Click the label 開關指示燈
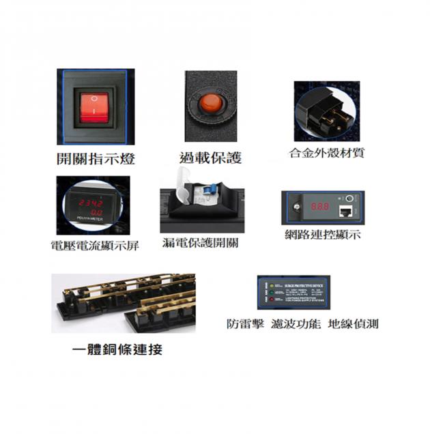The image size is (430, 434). (x=95, y=160)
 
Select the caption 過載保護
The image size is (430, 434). (x=210, y=158)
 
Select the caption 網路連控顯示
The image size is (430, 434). (x=322, y=235)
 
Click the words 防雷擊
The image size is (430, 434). (x=245, y=325)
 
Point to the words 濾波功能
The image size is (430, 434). (x=295, y=325)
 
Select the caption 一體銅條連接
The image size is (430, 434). (x=117, y=351)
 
